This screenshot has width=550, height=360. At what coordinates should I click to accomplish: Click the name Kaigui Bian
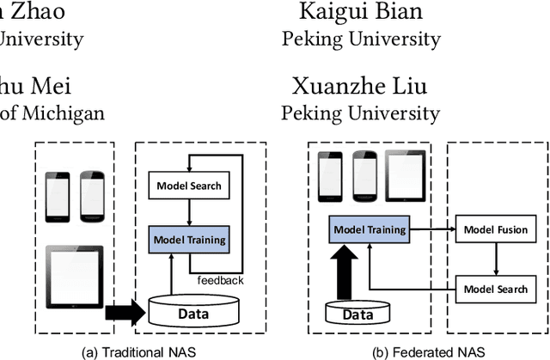point(361,11)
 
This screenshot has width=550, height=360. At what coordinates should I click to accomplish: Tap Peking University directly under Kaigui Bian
point(361,39)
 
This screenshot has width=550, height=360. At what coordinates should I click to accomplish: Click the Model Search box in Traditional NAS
point(188,186)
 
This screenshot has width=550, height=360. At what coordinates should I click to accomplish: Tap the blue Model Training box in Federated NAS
point(370,229)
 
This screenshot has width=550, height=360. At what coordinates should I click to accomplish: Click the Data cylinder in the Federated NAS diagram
point(351,314)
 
